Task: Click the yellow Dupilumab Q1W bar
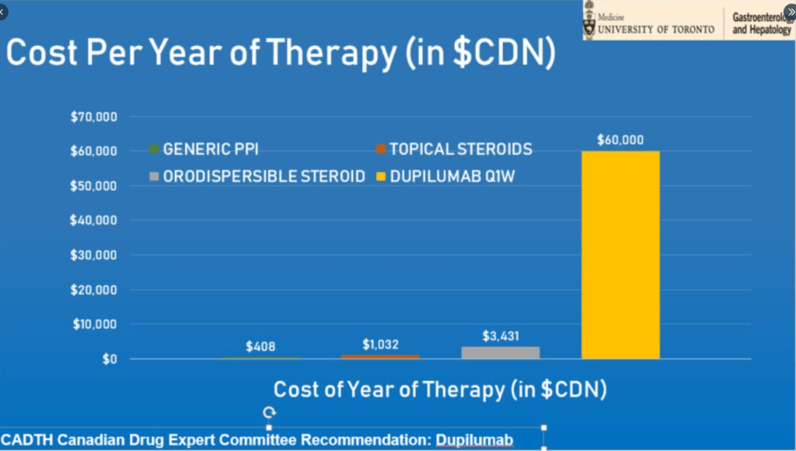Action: point(620,255)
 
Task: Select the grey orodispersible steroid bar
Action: point(500,352)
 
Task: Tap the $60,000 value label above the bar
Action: point(620,140)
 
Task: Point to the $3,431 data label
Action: point(500,336)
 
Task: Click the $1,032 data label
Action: point(381,344)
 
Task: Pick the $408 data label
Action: point(260,347)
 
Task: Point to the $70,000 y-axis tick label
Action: point(93,117)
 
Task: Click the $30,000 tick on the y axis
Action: point(93,255)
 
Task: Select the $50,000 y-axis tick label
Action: point(93,185)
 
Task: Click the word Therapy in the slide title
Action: point(333,54)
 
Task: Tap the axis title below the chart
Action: point(439,389)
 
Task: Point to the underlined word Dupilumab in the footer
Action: point(474,441)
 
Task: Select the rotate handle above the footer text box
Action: point(269,412)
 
